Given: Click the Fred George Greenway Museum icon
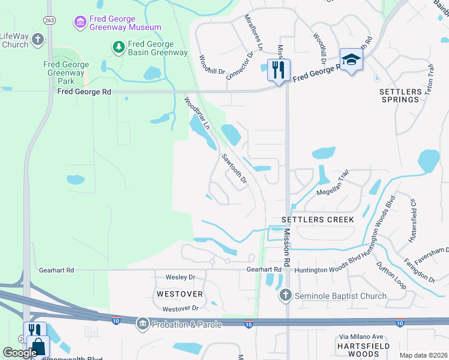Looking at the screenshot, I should (80, 22).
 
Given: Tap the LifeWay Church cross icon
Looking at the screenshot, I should (38, 40).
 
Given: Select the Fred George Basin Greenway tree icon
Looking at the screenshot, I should (119, 46).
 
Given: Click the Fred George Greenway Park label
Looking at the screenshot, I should (66, 73).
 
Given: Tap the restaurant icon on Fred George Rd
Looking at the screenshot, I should (278, 70).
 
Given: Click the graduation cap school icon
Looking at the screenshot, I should (351, 59).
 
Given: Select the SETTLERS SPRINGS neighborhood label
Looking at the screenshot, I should (400, 95).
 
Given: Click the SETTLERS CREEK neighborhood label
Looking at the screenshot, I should (318, 220).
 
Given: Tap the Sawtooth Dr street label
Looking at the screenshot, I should (235, 169).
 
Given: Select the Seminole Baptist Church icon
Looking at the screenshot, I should (285, 295).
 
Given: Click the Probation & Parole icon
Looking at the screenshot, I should (143, 325).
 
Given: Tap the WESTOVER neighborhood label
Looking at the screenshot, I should (178, 294).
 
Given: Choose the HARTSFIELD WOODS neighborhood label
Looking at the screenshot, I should (364, 350).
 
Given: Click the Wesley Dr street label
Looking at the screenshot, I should (180, 277).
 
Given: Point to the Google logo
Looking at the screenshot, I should (20, 353).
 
